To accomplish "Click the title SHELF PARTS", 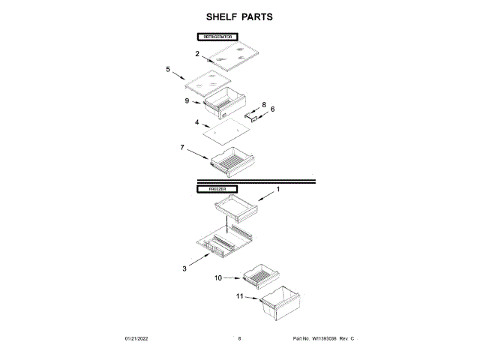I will pyautogui.click(x=240, y=16).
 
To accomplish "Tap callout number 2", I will pyautogui.click(x=197, y=54).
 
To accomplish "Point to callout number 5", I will pyautogui.click(x=168, y=69).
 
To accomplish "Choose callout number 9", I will pyautogui.click(x=187, y=100).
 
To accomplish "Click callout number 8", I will pyautogui.click(x=264, y=104).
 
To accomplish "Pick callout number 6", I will pyautogui.click(x=272, y=109).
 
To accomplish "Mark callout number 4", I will pyautogui.click(x=197, y=122).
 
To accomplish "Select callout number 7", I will pyautogui.click(x=182, y=148).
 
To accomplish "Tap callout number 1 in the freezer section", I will pyautogui.click(x=277, y=190).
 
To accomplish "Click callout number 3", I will pyautogui.click(x=184, y=267).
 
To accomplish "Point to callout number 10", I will pyautogui.click(x=218, y=277).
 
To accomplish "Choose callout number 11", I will pyautogui.click(x=240, y=296).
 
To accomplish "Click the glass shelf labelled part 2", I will pyautogui.click(x=232, y=54).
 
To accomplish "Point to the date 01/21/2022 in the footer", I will pyautogui.click(x=136, y=340).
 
